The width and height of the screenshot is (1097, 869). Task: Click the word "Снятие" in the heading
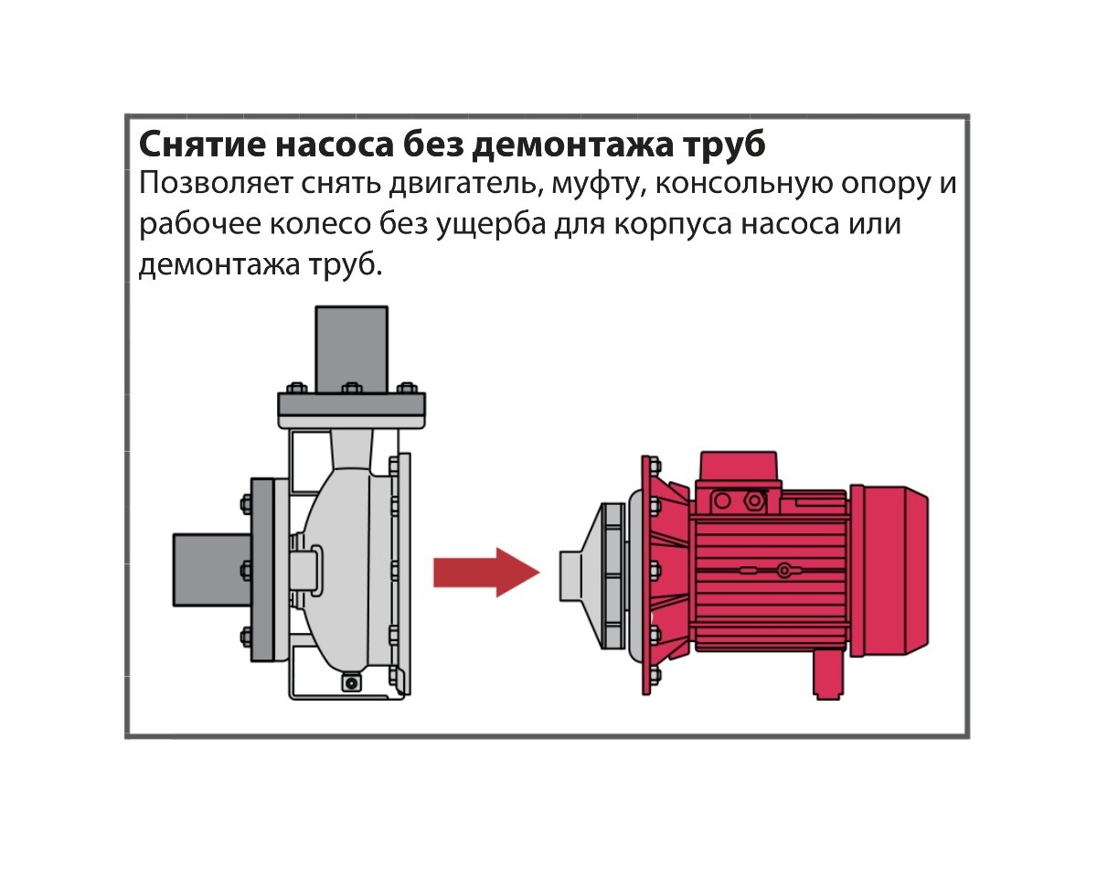pyautogui.click(x=202, y=144)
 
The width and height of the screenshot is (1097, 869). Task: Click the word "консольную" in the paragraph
pyautogui.click(x=743, y=184)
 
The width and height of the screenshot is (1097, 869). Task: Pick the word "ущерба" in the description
pyautogui.click(x=491, y=224)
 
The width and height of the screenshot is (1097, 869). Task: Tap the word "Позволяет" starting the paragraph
pyautogui.click(x=216, y=184)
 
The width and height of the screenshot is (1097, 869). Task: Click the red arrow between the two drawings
pyautogui.click(x=486, y=573)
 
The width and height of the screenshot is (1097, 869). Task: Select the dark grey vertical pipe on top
pyautogui.click(x=352, y=350)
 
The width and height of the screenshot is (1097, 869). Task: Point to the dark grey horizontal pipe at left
pyautogui.click(x=213, y=570)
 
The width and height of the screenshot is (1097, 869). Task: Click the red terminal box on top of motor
pyautogui.click(x=738, y=467)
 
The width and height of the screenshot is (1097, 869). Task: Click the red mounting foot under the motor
pyautogui.click(x=828, y=673)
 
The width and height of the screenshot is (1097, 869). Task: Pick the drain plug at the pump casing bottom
pyautogui.click(x=350, y=682)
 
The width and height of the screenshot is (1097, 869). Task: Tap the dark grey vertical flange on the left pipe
pyautogui.click(x=262, y=570)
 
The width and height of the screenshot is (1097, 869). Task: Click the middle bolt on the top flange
pyautogui.click(x=352, y=389)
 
